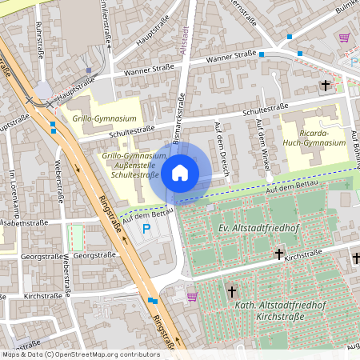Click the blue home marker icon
[180, 173]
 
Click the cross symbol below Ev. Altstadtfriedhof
[279, 254]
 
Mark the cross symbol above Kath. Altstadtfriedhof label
[233, 292]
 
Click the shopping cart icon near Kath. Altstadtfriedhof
[192, 296]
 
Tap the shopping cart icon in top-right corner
[344, 37]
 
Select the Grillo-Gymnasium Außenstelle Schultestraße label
[134, 164]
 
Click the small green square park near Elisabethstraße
[77, 236]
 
